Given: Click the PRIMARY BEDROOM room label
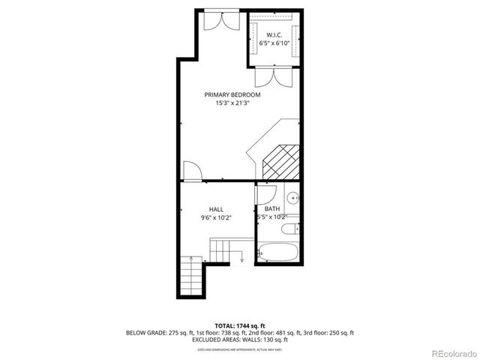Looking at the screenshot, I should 232,94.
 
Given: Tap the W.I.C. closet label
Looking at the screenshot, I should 274,35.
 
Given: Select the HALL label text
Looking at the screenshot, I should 216,209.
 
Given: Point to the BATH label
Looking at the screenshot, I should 271,209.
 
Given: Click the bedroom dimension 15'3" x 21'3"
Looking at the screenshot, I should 232,103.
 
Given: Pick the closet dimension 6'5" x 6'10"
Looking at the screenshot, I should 274,43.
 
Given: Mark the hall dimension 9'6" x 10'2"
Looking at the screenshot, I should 216,217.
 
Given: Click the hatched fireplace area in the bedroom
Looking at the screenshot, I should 280,160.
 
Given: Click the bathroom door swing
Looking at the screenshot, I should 268,193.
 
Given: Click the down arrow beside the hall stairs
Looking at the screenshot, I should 242,258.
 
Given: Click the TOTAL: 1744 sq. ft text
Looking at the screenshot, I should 239,325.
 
